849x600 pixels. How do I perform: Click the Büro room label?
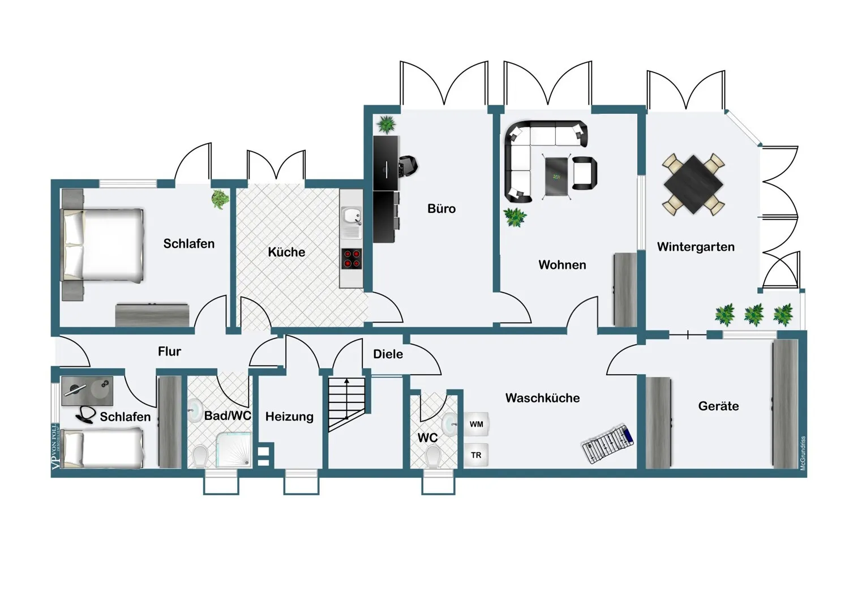pos(441,208)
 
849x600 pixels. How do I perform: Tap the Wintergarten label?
pos(696,247)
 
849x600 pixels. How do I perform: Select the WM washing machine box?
pos(476,424)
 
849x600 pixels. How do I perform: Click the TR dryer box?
pos(476,455)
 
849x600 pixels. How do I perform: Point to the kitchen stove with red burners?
pos(351,259)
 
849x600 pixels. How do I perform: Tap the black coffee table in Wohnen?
pos(556,176)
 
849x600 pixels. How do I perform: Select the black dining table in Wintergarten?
pos(693,185)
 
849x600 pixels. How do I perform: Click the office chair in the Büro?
pos(409,165)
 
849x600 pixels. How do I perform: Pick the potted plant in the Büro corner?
pos(386,125)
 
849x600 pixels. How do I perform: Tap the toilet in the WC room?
pos(433,456)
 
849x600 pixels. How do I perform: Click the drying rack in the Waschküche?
pos(607,443)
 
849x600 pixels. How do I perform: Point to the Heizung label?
pos(289,417)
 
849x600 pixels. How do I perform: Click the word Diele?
pos(388,354)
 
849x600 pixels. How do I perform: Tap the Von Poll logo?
pos(55,446)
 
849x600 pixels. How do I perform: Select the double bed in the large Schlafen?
pos(102,245)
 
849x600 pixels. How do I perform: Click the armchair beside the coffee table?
pos(585,173)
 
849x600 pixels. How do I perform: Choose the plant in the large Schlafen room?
pos(220,199)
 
